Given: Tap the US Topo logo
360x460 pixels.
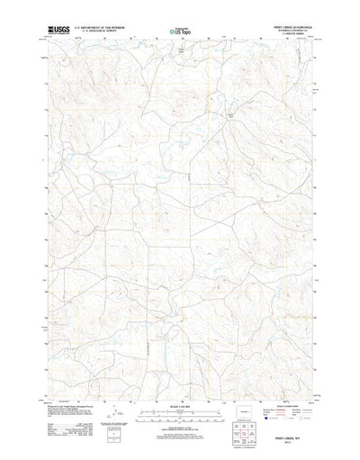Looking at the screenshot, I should (x=179, y=33).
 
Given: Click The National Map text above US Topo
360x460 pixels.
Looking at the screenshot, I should (x=179, y=28).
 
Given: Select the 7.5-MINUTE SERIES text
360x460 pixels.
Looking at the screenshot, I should (x=289, y=36).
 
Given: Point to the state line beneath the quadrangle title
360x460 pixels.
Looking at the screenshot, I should (x=289, y=32).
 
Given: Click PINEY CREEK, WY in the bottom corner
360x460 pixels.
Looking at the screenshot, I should (x=288, y=431).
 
